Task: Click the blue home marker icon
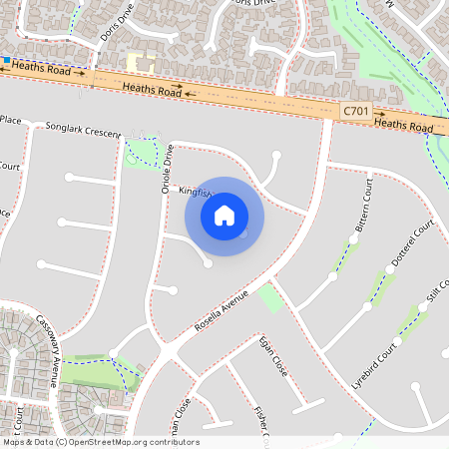pos(224,216)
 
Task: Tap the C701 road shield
pos(354,114)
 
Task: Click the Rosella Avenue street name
pos(221,309)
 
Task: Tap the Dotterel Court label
pos(412,249)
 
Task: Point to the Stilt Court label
pos(436,295)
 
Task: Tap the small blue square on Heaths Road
pos(7,62)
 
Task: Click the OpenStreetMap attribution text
pos(100,442)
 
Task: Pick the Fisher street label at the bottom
pos(262,424)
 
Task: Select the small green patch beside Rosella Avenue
pos(270,297)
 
